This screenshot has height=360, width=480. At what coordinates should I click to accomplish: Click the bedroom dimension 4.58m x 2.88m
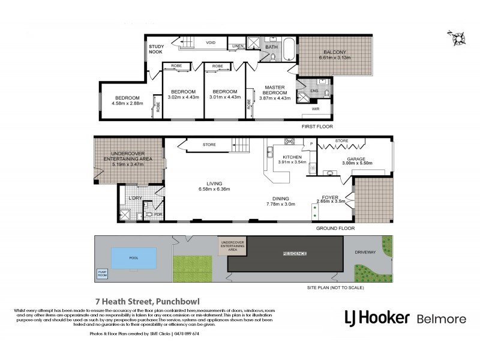pyautogui.click(x=127, y=104)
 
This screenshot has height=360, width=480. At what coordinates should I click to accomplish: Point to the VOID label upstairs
pyautogui.click(x=211, y=43)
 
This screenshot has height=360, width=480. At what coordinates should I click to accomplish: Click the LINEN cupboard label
pyautogui.click(x=237, y=45)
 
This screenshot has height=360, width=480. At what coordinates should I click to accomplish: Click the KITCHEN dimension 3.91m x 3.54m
pyautogui.click(x=292, y=162)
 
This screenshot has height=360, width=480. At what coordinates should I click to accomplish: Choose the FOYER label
pyautogui.click(x=331, y=197)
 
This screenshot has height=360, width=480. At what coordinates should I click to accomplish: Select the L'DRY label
pyautogui.click(x=135, y=198)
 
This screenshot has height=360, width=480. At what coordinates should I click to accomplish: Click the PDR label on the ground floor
pyautogui.click(x=159, y=214)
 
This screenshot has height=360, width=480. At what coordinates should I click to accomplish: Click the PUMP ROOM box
pyautogui.click(x=103, y=274)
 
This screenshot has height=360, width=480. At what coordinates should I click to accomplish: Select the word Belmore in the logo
pyautogui.click(x=442, y=317)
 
